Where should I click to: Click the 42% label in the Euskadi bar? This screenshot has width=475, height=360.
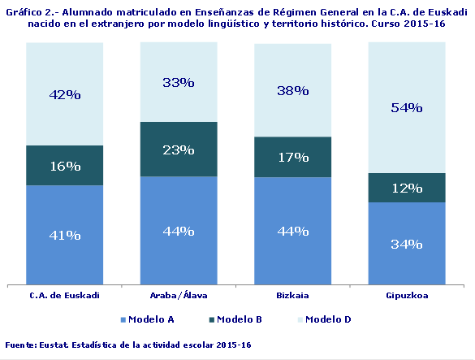(65, 94)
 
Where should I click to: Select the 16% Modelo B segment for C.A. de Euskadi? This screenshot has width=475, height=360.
(65, 166)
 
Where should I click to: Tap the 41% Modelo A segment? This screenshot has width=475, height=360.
(65, 235)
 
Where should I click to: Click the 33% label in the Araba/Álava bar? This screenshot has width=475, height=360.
(179, 82)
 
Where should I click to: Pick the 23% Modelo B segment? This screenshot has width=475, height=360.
(179, 150)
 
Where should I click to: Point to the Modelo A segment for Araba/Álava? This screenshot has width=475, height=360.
(179, 231)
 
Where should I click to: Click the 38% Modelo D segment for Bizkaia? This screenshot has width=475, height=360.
(293, 91)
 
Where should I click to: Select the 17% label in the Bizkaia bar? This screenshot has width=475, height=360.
(293, 157)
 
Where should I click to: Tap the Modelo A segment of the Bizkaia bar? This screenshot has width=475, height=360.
(293, 231)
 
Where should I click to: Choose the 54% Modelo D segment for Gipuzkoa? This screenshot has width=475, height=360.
(407, 107)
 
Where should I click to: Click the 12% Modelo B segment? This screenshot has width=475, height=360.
(407, 188)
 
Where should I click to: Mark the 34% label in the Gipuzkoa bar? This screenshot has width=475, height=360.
(407, 244)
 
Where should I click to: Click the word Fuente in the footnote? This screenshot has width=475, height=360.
(20, 345)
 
